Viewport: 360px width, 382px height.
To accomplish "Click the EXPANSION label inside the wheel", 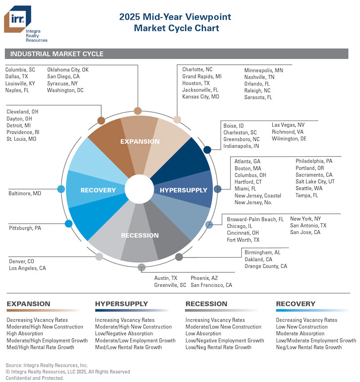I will tap(139, 142).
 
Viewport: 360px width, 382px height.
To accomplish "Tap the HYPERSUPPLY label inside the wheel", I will tap(184, 190).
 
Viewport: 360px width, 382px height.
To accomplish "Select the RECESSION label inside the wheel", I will tap(139, 235).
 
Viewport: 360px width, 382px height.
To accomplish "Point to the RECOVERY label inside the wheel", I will tap(98, 190).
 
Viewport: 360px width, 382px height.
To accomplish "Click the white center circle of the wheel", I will tap(139, 189).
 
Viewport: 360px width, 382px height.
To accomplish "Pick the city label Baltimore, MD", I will tap(25, 194).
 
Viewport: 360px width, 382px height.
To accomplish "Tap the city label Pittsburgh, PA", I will tap(25, 228).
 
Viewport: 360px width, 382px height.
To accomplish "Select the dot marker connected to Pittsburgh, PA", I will tap(68, 224).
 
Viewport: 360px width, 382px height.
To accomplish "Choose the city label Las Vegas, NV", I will tap(288, 125).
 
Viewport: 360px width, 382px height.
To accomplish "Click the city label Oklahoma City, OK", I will tap(68, 70).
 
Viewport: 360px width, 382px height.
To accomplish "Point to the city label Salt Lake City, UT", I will tap(315, 182).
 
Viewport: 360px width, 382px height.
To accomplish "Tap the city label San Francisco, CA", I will tap(211, 285).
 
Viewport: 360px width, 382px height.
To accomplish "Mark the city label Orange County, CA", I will tap(265, 266).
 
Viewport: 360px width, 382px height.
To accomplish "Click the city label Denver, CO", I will tap(22, 262).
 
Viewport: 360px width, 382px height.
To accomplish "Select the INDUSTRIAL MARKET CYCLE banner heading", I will tap(57, 54).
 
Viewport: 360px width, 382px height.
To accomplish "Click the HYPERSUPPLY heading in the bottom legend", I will tap(121, 304).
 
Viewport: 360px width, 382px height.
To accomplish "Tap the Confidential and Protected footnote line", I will tap(35, 378).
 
